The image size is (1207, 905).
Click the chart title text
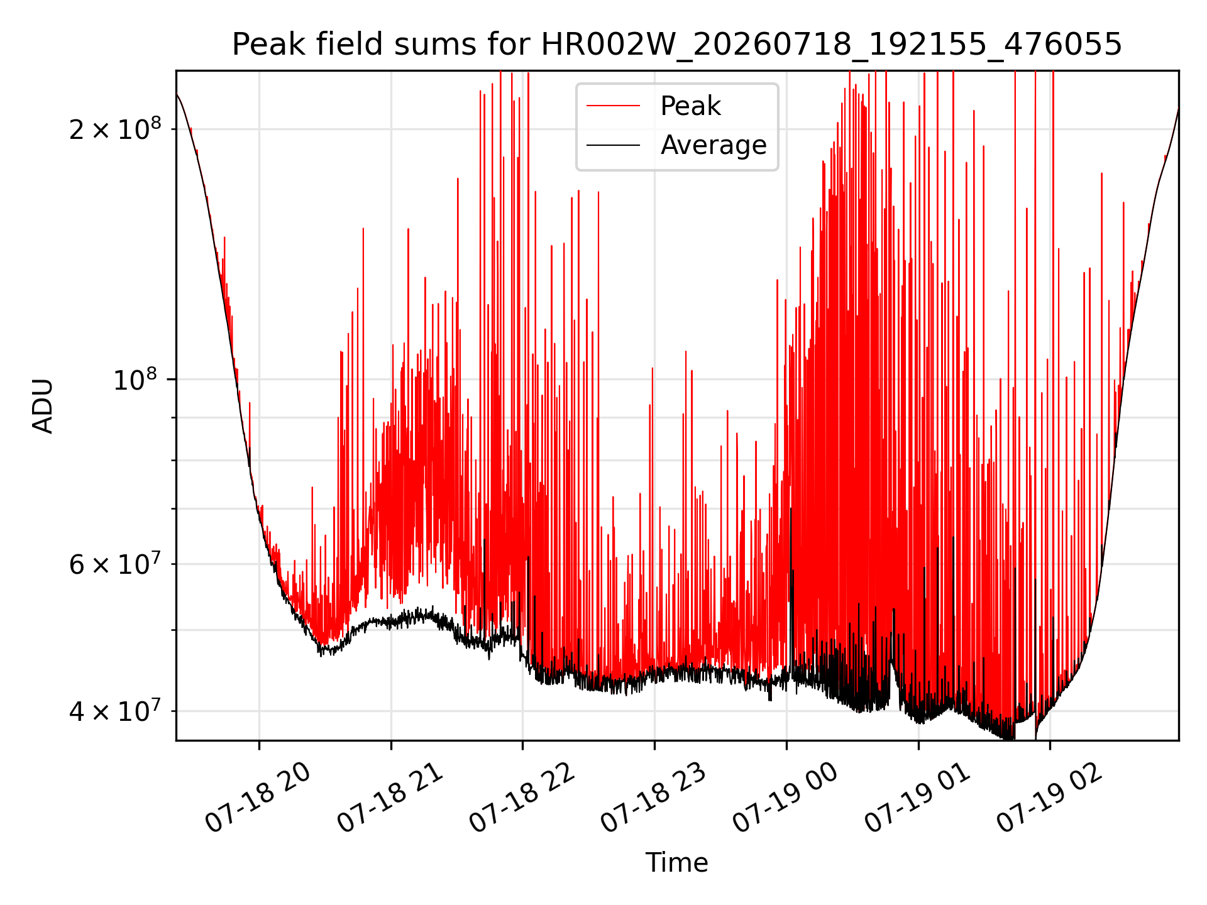(x=677, y=45)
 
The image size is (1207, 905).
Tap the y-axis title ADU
(x=43, y=406)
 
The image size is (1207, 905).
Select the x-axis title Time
(x=677, y=863)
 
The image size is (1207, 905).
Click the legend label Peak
(x=690, y=106)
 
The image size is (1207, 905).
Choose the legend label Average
(x=714, y=145)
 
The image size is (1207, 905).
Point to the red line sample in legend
(x=614, y=106)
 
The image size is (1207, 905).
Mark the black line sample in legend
(x=614, y=145)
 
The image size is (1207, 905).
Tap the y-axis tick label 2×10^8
(x=115, y=129)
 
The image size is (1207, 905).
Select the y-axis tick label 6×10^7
(x=115, y=564)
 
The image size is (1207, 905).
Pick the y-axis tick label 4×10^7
(x=115, y=711)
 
